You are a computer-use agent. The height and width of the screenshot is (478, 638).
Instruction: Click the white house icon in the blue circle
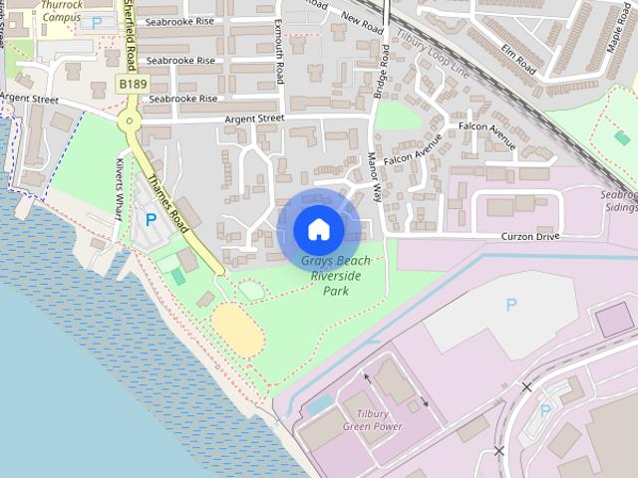click(x=318, y=229)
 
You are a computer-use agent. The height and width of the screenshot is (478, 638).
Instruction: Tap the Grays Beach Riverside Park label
click(x=335, y=276)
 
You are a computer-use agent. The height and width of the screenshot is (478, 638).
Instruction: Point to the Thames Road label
click(x=165, y=198)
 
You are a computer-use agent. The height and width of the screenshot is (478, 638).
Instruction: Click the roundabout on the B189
click(x=128, y=121)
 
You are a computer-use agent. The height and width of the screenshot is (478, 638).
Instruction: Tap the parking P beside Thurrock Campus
click(x=97, y=21)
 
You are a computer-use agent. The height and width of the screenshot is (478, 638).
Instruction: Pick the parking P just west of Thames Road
click(x=152, y=219)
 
